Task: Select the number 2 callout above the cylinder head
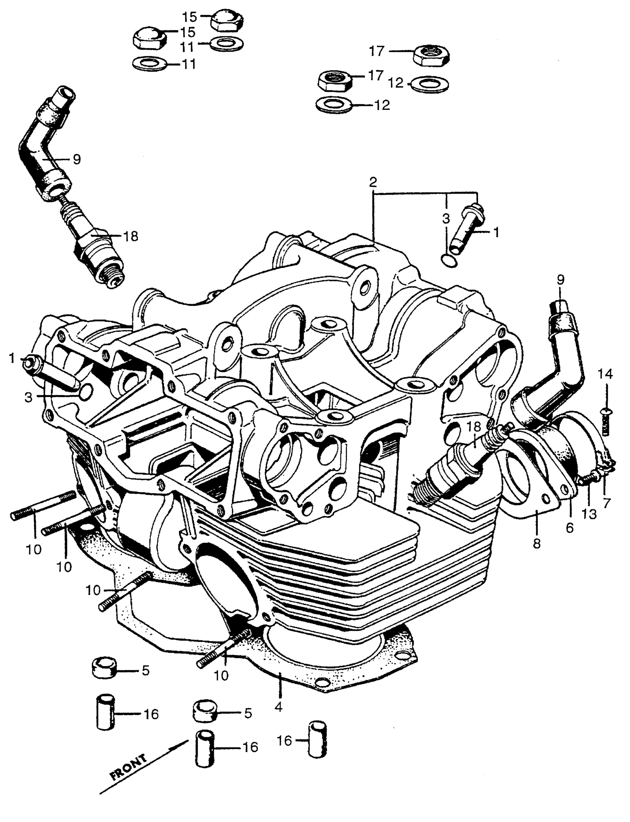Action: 373,183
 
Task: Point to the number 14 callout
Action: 605,374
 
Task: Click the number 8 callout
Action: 537,543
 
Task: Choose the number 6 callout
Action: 570,528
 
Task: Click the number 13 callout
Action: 589,513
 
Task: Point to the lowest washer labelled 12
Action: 334,105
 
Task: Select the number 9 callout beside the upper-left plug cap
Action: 76,159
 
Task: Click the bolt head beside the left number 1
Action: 29,362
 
